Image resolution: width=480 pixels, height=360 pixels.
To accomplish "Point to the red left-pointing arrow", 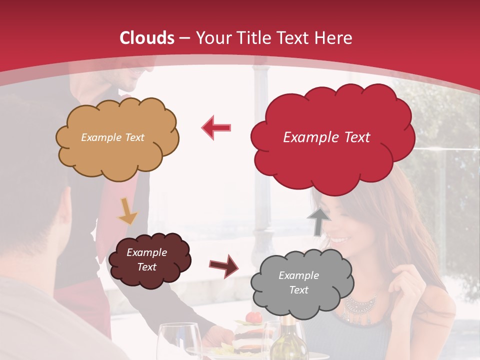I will click(217, 127).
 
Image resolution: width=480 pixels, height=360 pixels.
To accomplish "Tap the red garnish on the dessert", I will click(254, 317).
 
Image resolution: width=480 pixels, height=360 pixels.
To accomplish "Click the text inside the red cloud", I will click(326, 137).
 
